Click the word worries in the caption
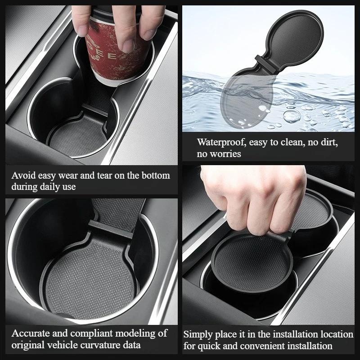coord(226,154)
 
